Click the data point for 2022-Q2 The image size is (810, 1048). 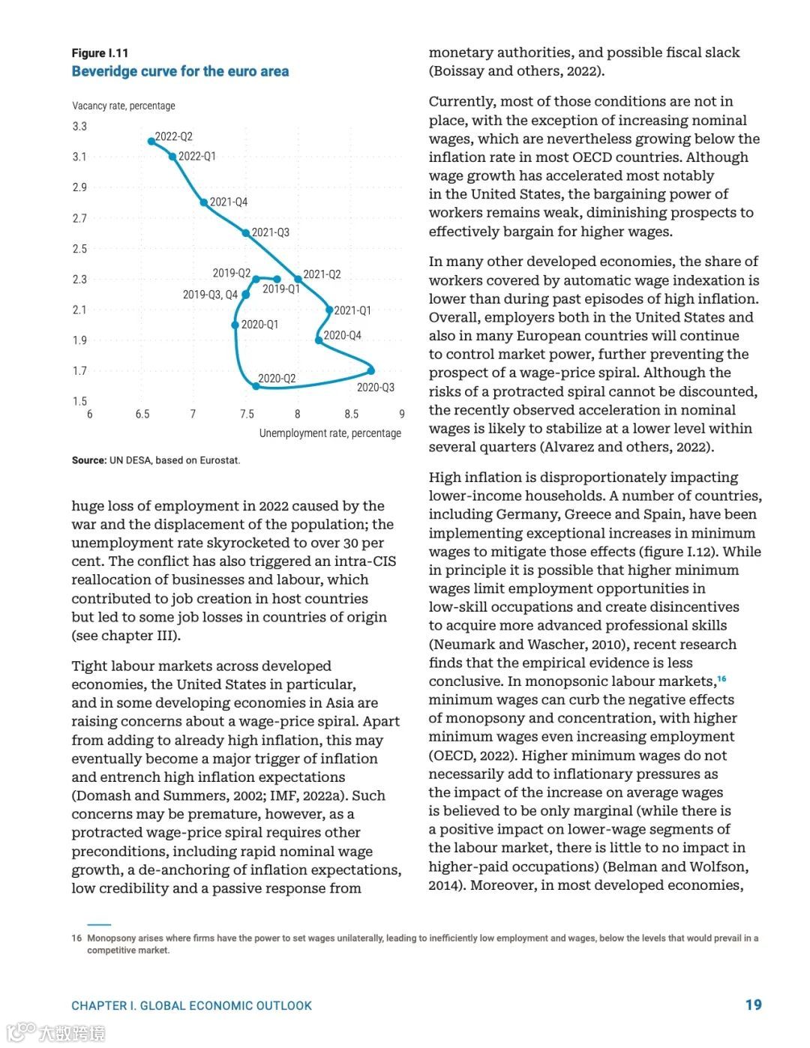click(x=151, y=141)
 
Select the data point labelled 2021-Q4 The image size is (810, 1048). click(x=204, y=202)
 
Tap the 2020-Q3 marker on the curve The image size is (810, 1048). click(x=371, y=370)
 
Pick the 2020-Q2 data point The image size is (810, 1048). click(x=256, y=386)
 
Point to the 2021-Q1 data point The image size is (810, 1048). click(x=329, y=310)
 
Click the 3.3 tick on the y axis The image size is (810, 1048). click(x=79, y=126)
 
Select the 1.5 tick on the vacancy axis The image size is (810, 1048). click(x=79, y=401)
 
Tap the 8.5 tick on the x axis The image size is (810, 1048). click(x=351, y=414)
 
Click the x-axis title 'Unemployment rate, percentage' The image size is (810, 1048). click(x=330, y=433)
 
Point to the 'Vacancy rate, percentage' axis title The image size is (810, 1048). click(x=124, y=106)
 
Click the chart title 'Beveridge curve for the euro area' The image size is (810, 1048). click(x=180, y=71)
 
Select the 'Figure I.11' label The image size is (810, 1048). click(x=100, y=53)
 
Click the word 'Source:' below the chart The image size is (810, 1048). click(x=88, y=460)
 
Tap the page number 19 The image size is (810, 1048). click(x=753, y=1005)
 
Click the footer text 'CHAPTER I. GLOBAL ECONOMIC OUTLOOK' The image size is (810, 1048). click(x=191, y=1006)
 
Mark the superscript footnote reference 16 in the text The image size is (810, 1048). click(x=721, y=678)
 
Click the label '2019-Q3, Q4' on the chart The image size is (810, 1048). click(x=210, y=295)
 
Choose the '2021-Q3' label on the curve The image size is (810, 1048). click(x=271, y=232)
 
